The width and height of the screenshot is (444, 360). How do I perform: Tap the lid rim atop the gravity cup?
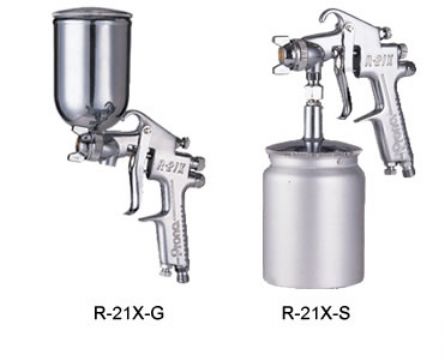click(x=99, y=13)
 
